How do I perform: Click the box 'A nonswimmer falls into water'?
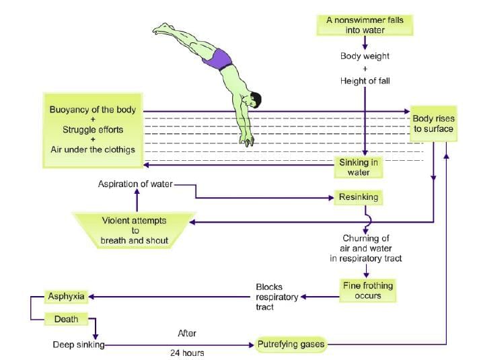click(365, 24)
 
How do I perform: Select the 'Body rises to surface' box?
click(433, 124)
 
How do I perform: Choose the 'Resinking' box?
click(359, 198)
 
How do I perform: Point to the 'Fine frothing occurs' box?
click(367, 290)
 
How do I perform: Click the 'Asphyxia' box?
click(67, 296)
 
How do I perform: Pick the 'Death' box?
click(67, 320)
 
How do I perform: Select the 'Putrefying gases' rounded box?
click(291, 345)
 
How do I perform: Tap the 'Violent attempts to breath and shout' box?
click(135, 230)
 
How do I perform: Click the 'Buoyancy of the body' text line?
click(93, 110)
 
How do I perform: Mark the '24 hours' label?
click(186, 353)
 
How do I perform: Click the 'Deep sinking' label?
click(78, 345)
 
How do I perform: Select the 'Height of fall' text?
click(365, 81)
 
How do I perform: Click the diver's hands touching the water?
click(248, 140)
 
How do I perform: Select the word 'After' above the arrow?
click(186, 333)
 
